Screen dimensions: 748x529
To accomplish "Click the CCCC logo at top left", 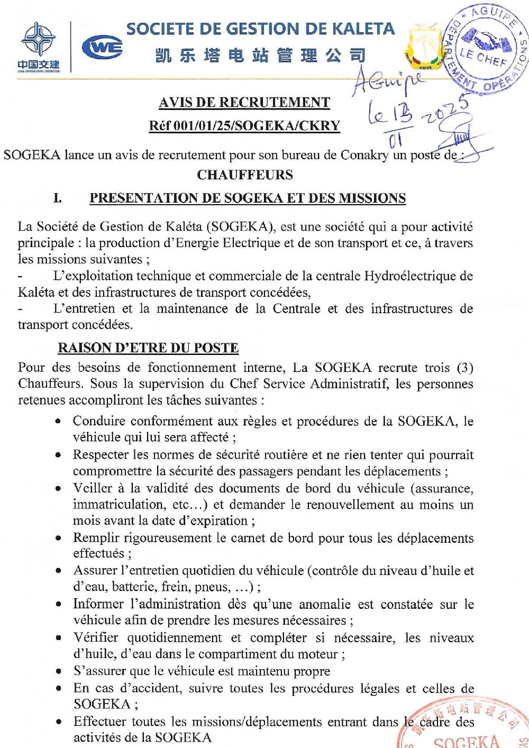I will click(x=38, y=47).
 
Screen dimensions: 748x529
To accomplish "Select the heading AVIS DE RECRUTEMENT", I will click(x=244, y=102).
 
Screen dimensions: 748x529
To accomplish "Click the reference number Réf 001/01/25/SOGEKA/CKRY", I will click(x=244, y=125).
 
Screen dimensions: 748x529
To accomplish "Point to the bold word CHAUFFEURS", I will click(x=245, y=175).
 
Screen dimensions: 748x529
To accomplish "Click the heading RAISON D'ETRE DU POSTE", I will click(x=148, y=348).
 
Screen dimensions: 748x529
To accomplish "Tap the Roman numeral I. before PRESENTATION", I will click(x=57, y=198).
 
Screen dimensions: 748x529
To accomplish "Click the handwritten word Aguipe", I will click(x=388, y=80).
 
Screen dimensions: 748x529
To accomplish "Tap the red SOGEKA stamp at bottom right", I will click(x=466, y=725).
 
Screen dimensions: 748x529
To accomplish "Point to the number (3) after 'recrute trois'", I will click(x=464, y=367).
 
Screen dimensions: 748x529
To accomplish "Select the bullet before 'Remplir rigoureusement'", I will click(x=58, y=538).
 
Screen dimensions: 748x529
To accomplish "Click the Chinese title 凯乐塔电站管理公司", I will click(x=260, y=55).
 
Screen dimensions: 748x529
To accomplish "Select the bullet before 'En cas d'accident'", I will click(x=58, y=688).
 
